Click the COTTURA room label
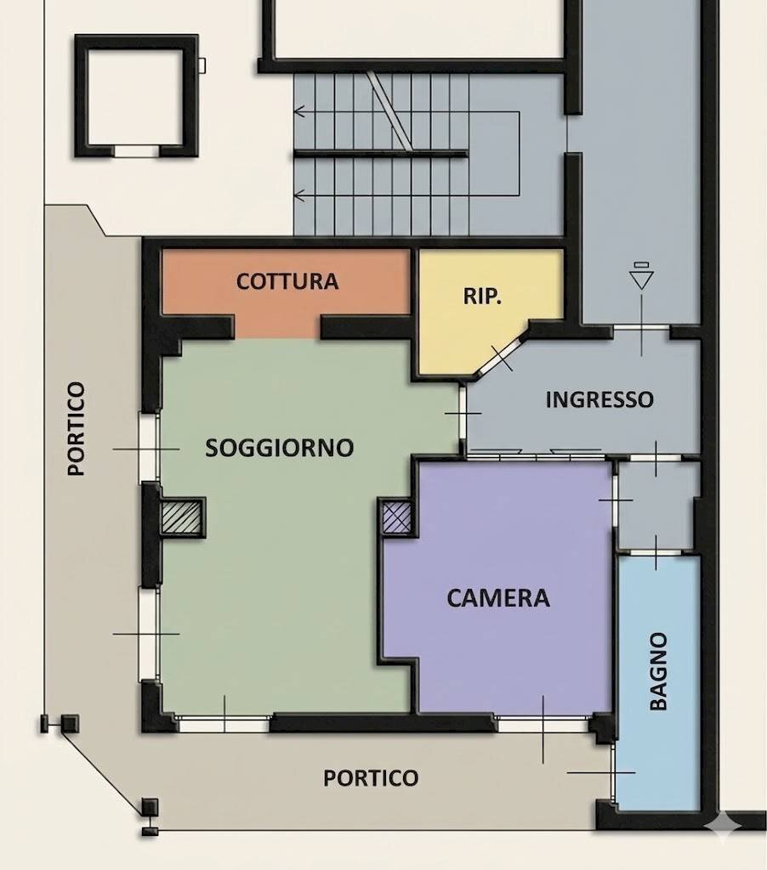click(287, 281)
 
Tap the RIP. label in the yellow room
click(482, 297)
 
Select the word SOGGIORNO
click(280, 448)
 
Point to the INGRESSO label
click(599, 399)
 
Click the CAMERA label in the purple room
click(498, 598)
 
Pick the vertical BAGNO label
click(658, 671)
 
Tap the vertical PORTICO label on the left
click(76, 428)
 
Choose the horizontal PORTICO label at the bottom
click(371, 778)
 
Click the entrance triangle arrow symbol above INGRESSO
click(641, 277)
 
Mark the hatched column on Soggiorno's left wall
click(181, 517)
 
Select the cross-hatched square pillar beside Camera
click(396, 517)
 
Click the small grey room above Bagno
click(656, 506)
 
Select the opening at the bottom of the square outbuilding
click(137, 151)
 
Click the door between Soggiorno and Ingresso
click(462, 414)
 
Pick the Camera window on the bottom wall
click(542, 724)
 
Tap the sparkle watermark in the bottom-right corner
click(723, 826)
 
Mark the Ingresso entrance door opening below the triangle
click(641, 329)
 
